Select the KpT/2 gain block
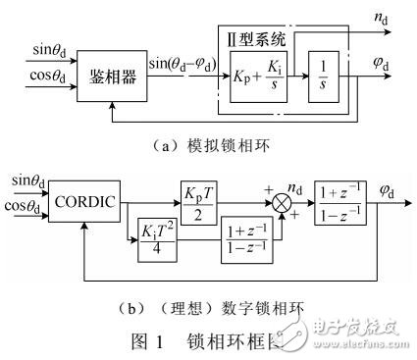pyautogui.click(x=205, y=185)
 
